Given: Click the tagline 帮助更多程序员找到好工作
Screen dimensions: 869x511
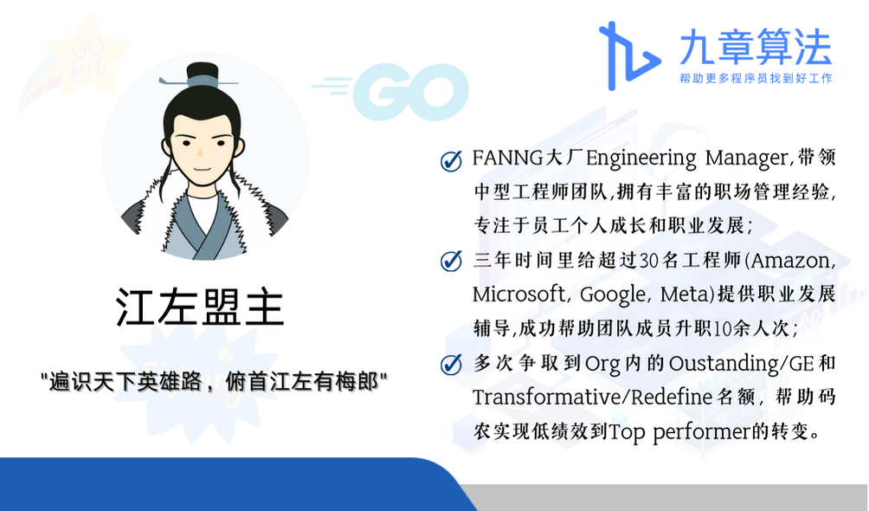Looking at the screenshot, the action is [756, 78].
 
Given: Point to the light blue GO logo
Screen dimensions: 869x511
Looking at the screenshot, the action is [390, 92].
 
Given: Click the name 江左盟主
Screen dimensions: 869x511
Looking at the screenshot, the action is [200, 307].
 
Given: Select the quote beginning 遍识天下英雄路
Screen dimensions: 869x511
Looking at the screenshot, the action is [215, 382].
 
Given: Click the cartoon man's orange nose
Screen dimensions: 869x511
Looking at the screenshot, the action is [201, 152].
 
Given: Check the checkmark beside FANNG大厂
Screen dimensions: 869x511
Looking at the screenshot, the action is [451, 161].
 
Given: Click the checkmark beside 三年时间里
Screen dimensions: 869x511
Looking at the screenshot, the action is [451, 261].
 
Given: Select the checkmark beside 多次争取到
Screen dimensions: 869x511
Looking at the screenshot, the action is [451, 364].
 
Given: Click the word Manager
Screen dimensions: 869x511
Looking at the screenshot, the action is [746, 158].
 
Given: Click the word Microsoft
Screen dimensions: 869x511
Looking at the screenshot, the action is [518, 294].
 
